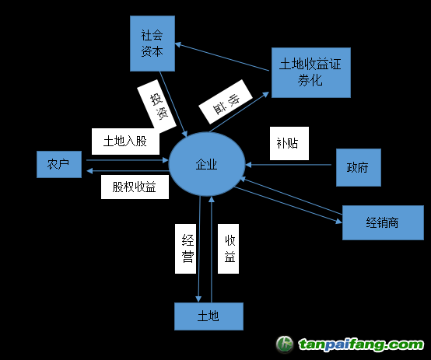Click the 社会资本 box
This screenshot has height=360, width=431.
coord(152,44)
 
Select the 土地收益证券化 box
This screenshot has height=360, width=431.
coord(311,72)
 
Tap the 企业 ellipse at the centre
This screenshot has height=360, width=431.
coord(207,164)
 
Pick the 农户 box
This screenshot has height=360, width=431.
coord(59,164)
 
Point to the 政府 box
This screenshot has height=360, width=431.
coord(359,167)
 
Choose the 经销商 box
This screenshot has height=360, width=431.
coord(383,222)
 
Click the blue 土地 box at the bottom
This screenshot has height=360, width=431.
coord(209,316)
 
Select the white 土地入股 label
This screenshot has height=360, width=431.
coord(125,142)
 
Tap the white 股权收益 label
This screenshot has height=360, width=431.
coord(135,187)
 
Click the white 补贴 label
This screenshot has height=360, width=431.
coord(289,143)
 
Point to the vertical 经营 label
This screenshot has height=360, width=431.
coord(185,249)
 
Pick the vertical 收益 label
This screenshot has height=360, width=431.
coord(228,249)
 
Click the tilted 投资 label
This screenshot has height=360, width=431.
coord(156,107)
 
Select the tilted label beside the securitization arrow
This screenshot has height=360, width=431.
coord(226,102)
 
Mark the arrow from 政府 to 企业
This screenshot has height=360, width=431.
coord(289,165)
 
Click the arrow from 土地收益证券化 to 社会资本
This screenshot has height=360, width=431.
coord(222,57)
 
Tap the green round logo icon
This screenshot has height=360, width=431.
coord(285,344)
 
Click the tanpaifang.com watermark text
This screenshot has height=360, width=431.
coord(361,344)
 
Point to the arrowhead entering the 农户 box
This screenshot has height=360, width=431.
coord(89,171)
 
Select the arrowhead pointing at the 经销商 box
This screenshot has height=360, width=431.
coord(339,221)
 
